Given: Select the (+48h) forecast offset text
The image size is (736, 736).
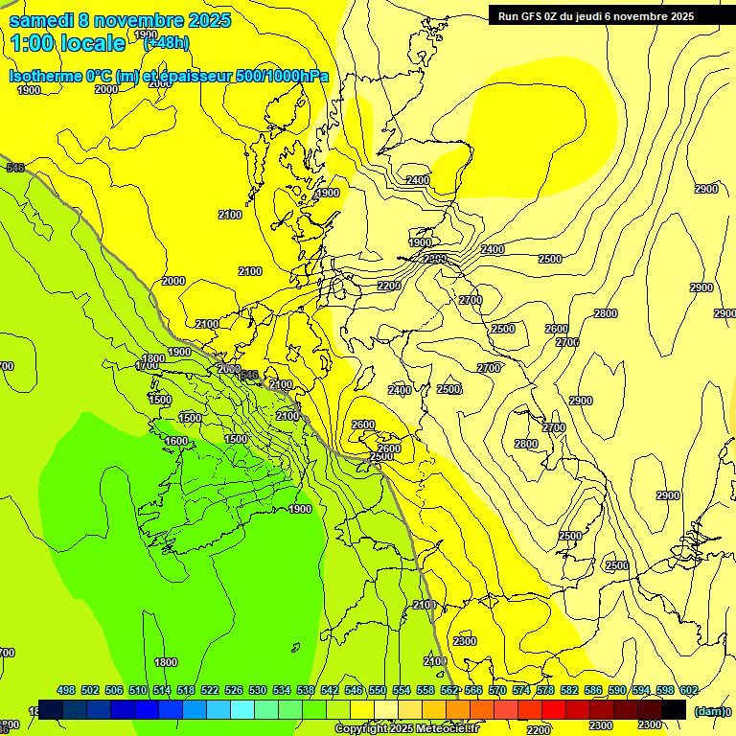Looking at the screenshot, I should pyautogui.click(x=167, y=43).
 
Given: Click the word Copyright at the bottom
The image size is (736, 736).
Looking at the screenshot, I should pyautogui.click(x=361, y=729).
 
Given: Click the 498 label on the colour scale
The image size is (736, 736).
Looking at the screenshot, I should pyautogui.click(x=66, y=690).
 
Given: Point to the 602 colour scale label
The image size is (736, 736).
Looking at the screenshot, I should pyautogui.click(x=688, y=690).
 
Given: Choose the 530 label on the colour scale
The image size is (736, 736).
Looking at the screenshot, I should pyautogui.click(x=257, y=690).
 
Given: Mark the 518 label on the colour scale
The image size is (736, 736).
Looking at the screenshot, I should pyautogui.click(x=186, y=690).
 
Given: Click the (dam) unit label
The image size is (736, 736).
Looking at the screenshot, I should pyautogui.click(x=708, y=711).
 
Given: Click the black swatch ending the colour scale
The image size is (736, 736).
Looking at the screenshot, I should pyautogui.click(x=674, y=709).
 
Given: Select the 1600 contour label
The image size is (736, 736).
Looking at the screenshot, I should pyautogui.click(x=176, y=441).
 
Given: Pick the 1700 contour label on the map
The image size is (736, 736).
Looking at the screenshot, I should pyautogui.click(x=147, y=365).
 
